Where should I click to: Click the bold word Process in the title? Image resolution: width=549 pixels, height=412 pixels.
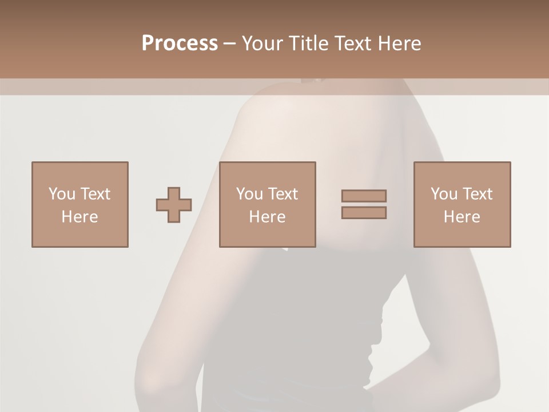click(180, 43)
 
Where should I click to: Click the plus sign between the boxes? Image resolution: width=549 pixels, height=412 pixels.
click(174, 205)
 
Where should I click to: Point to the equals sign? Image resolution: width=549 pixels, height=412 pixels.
click(364, 204)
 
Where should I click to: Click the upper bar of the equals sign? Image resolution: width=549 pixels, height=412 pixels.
click(364, 196)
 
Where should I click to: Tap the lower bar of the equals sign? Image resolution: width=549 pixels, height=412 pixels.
click(364, 213)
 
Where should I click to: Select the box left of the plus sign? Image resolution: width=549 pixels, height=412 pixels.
click(79, 204)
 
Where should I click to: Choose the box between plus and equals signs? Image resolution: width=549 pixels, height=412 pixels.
click(267, 204)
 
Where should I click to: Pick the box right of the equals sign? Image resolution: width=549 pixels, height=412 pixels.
click(462, 204)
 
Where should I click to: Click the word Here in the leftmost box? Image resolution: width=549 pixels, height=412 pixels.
click(79, 217)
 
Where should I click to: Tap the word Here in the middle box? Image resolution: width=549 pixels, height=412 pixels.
click(267, 217)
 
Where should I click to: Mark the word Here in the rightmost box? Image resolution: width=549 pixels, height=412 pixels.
click(462, 217)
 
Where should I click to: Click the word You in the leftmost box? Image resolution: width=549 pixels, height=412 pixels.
click(62, 194)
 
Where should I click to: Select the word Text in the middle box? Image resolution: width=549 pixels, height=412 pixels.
click(283, 194)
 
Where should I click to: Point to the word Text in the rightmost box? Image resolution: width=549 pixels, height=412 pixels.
click(478, 194)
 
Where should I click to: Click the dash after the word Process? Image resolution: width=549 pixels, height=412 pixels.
click(229, 43)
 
